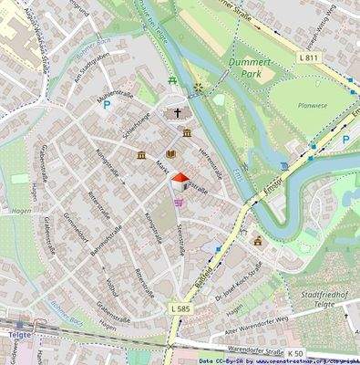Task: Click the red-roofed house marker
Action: point(180,181)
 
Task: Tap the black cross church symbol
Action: point(179,114)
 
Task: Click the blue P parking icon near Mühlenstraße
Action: point(107,106)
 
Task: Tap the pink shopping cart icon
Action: point(179,202)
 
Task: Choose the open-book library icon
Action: point(170,155)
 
